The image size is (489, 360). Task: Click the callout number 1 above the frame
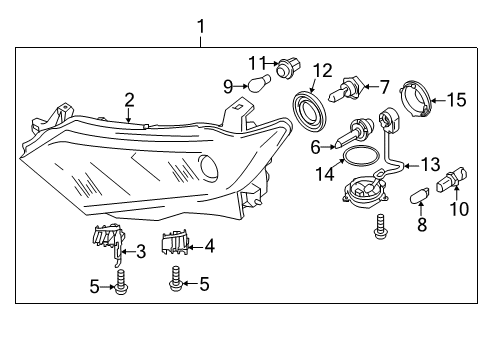coord(200,26)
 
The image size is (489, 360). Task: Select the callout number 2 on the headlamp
coord(129,100)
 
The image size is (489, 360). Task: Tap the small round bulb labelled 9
coord(257,84)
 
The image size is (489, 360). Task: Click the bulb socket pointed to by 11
coord(288,68)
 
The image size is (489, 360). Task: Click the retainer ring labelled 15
coord(416,99)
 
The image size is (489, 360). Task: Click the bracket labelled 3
coord(108,244)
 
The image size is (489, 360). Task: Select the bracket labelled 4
coord(175,243)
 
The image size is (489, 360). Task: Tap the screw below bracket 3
coord(121,282)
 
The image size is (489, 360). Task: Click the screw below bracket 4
coord(175,278)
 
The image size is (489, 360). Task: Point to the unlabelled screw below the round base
coord(380,227)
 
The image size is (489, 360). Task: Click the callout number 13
coord(431,164)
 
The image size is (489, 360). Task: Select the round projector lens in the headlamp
coord(210,167)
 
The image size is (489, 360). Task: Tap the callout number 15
coord(456,100)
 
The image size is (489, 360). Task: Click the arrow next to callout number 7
coord(371,87)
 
